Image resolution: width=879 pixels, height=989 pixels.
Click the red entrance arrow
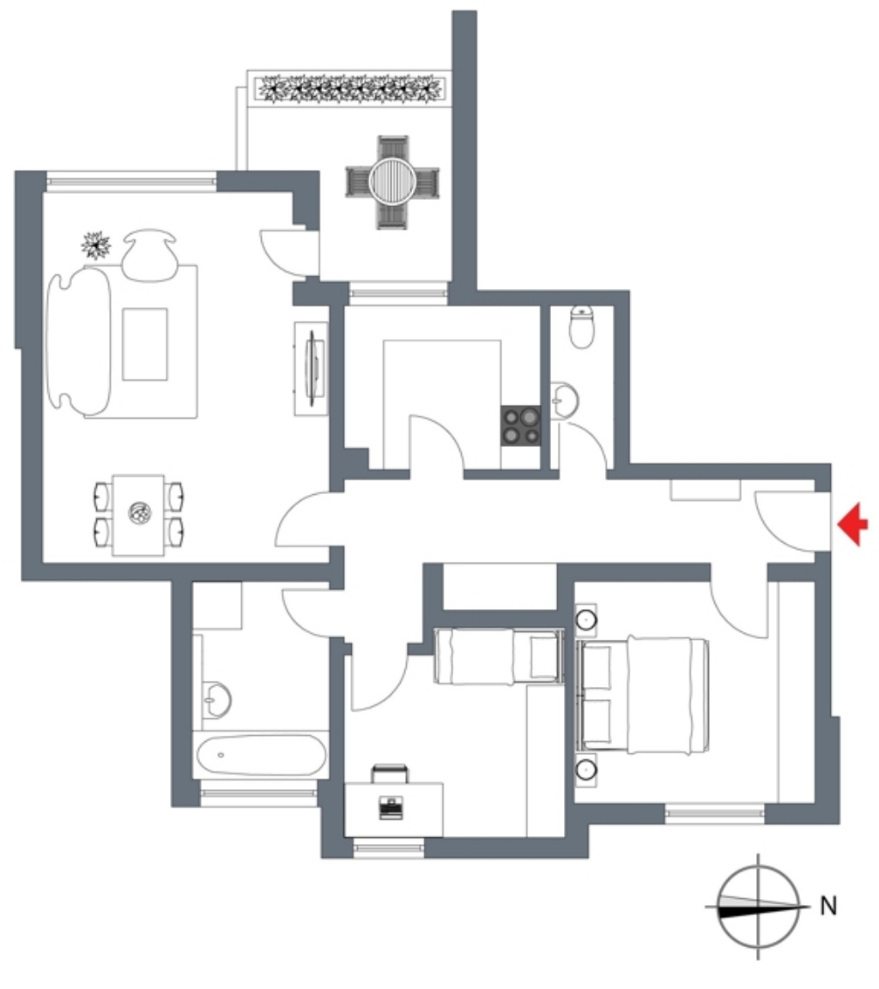click(x=853, y=523)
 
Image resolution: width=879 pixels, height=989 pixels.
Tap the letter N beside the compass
click(x=827, y=906)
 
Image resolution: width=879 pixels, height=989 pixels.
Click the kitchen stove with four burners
click(x=521, y=425)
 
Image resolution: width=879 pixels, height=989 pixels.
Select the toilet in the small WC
click(x=581, y=327)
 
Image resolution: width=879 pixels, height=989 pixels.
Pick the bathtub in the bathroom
click(x=261, y=755)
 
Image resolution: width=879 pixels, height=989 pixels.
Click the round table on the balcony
click(x=391, y=182)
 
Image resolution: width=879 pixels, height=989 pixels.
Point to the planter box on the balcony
click(x=350, y=89)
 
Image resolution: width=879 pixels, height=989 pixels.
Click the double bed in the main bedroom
click(x=643, y=695)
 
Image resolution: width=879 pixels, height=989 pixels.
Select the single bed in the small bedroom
click(x=499, y=656)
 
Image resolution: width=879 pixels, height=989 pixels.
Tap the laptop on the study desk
click(x=391, y=808)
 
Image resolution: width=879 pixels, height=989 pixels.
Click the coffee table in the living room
click(x=145, y=344)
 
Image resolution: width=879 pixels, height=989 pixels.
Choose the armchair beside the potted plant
click(x=149, y=255)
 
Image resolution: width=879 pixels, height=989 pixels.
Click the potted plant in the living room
click(x=96, y=245)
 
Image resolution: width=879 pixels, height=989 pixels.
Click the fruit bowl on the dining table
click(x=139, y=514)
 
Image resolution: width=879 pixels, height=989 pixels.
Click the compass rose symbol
click(x=759, y=907)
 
